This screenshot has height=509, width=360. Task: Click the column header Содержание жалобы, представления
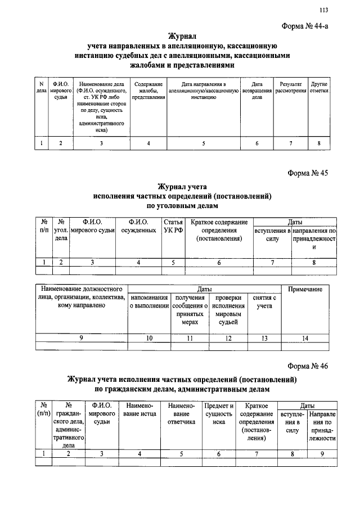click(x=148, y=91)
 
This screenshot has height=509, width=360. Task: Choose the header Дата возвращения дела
click(x=257, y=91)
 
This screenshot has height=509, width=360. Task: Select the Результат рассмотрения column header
click(x=291, y=87)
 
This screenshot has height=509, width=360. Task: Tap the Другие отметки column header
click(x=319, y=87)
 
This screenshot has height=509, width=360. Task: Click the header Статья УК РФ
click(x=173, y=226)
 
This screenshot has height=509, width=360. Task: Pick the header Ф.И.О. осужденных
click(x=139, y=226)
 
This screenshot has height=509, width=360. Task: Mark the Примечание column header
click(x=305, y=289)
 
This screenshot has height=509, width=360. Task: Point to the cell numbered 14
click(x=305, y=338)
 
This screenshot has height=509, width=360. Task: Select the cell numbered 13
click(x=264, y=338)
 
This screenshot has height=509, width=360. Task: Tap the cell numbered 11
click(x=190, y=338)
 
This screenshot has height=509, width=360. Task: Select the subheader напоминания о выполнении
click(x=149, y=301)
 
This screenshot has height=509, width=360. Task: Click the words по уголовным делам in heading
click(x=183, y=206)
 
